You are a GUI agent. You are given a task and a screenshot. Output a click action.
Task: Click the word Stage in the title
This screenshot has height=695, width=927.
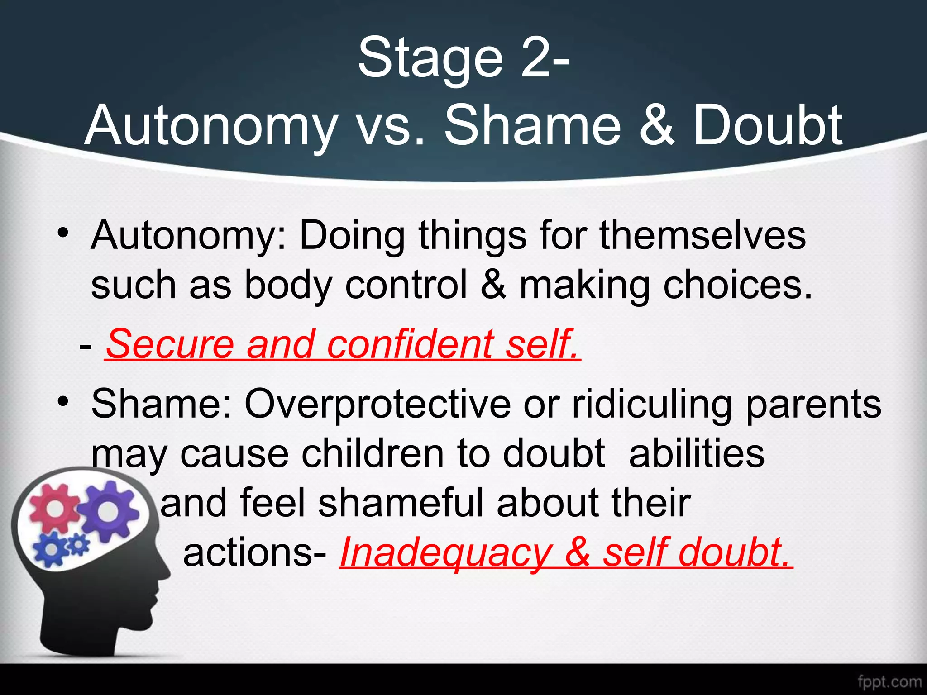pos(430,59)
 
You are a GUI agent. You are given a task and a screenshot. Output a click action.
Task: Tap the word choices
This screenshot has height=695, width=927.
pos(738,285)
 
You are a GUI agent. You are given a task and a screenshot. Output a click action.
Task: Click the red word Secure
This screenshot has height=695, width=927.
pos(170,344)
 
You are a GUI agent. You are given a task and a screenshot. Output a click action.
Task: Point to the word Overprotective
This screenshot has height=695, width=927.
pos(378,404)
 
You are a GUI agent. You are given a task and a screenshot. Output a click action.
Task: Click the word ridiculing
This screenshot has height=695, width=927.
pos(652,404)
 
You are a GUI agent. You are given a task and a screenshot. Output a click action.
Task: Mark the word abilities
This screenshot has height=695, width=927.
pos(697,453)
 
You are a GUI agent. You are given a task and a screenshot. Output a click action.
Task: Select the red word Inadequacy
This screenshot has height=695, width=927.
pos(445,553)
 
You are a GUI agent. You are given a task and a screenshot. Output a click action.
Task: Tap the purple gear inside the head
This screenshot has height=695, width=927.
pos(109,511)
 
